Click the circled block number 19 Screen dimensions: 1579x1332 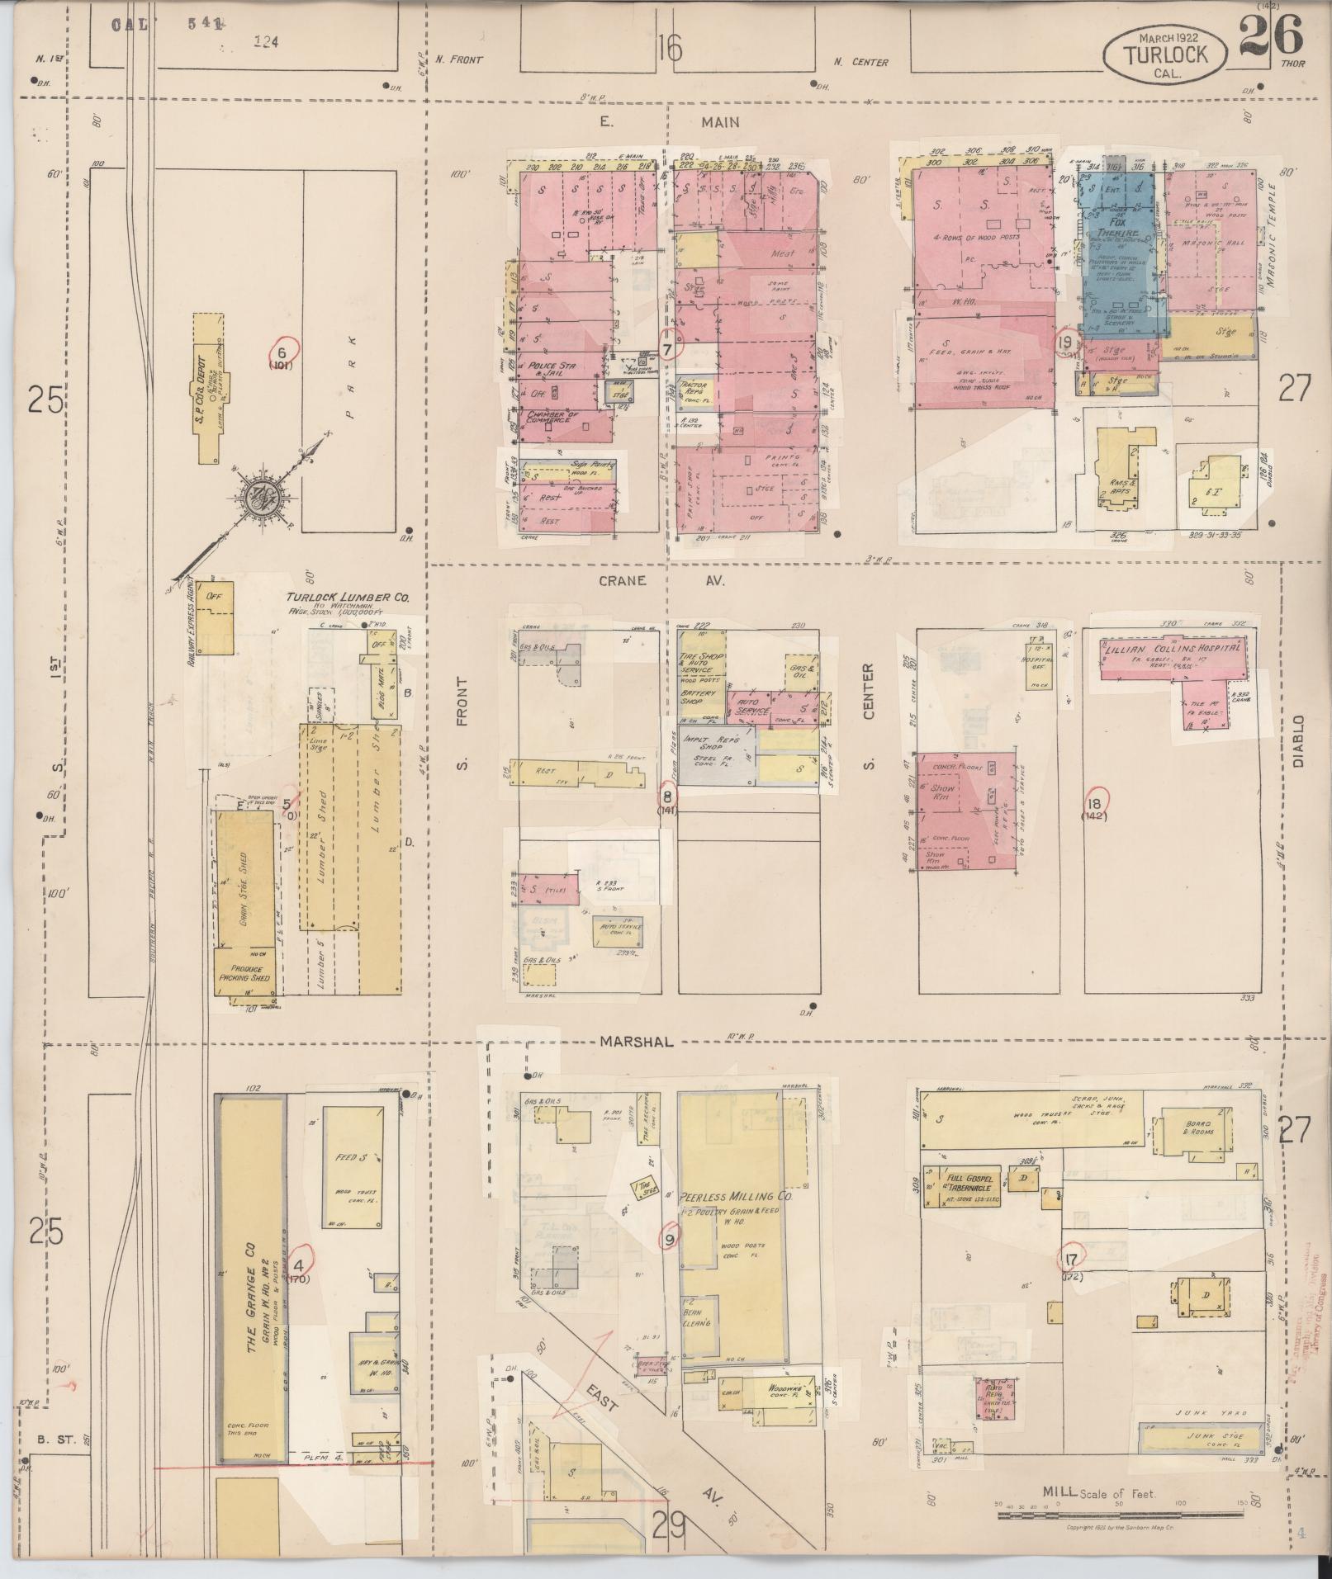click(1066, 343)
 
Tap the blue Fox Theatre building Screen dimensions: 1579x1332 click(1119, 256)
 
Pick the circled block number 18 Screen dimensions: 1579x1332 click(1097, 800)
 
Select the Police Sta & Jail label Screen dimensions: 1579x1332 click(554, 369)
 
